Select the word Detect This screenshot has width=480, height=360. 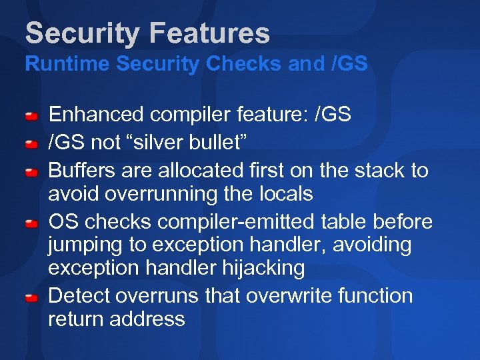click(x=79, y=295)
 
